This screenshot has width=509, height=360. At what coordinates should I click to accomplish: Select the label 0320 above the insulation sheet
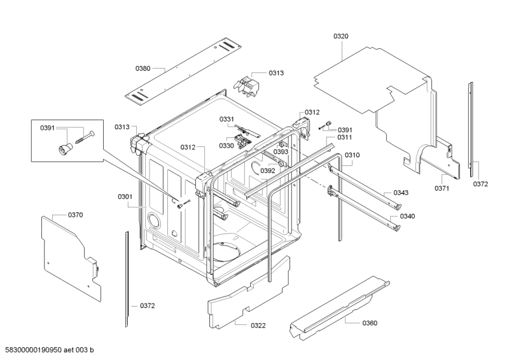click(341, 36)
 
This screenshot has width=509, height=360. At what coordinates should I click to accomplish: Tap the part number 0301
click(125, 197)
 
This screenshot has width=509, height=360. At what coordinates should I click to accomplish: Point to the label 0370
click(75, 215)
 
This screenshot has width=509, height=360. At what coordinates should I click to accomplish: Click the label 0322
click(258, 326)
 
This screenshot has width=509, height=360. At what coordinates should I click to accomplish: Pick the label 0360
click(370, 323)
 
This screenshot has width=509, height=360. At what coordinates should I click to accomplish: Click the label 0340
click(407, 216)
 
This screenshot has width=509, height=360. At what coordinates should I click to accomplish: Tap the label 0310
click(352, 155)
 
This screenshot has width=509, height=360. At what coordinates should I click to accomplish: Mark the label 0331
click(227, 120)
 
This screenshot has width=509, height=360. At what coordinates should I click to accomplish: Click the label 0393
click(281, 152)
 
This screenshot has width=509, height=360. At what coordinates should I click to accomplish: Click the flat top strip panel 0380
click(185, 70)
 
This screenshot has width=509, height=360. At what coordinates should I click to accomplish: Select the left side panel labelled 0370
click(70, 254)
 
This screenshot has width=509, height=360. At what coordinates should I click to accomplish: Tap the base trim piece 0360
click(337, 305)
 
